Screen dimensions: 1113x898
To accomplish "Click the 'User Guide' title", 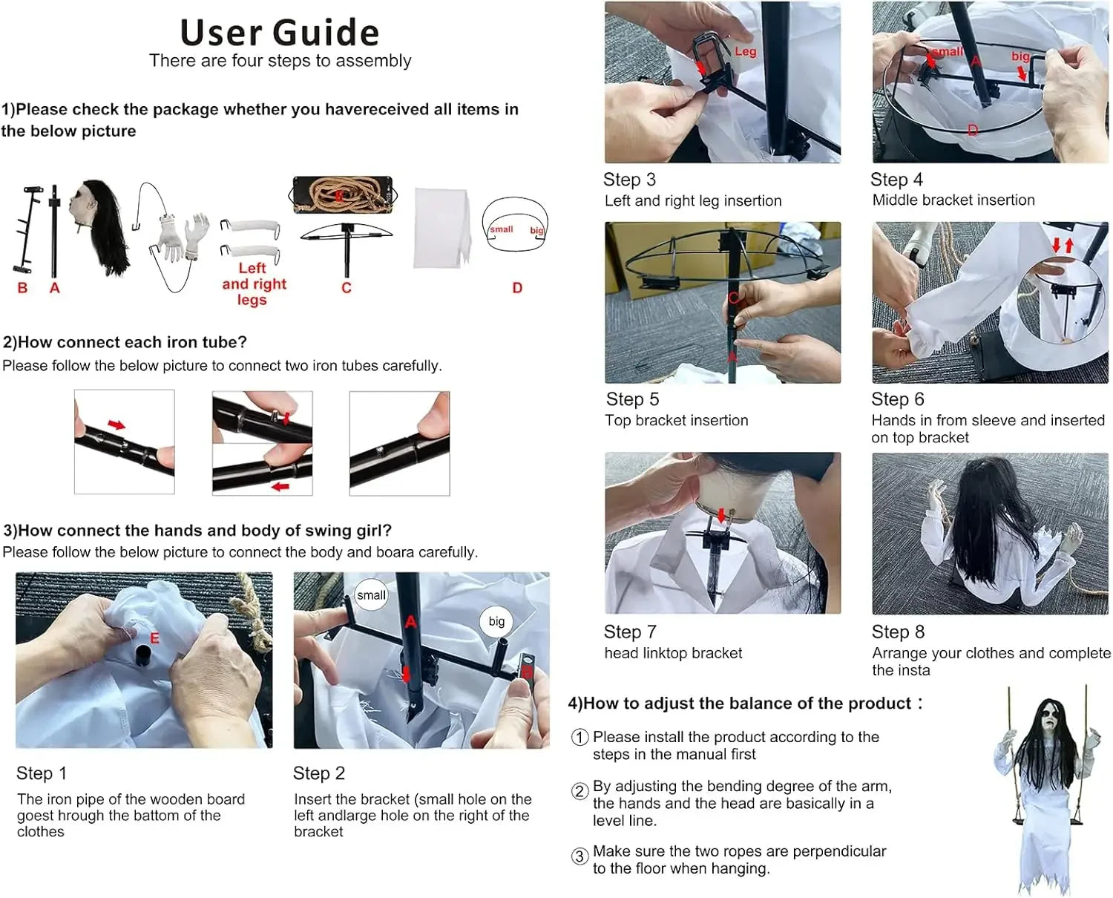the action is (x=280, y=32).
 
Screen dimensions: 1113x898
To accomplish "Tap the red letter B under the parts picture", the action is (x=22, y=288).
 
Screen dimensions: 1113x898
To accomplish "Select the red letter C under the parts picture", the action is (x=347, y=288).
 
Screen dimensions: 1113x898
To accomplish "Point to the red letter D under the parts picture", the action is (x=517, y=288).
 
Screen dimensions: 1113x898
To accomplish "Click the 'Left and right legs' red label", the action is (x=254, y=284).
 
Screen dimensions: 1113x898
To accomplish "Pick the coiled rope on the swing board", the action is (x=342, y=195).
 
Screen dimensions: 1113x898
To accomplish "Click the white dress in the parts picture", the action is (x=443, y=228).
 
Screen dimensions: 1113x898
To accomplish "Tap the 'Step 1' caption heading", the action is (x=42, y=773).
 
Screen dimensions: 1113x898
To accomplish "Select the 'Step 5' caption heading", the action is (x=632, y=399).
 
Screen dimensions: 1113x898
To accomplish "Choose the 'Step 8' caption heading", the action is (x=898, y=632).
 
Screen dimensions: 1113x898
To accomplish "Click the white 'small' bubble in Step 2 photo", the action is (x=371, y=595).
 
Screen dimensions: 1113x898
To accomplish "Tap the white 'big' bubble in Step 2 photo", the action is (x=496, y=621).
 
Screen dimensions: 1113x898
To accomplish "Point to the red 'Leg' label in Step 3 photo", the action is (x=745, y=51).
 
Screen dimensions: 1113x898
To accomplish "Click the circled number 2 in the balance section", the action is (x=580, y=791).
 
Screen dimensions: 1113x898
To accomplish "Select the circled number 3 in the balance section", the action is (x=580, y=856).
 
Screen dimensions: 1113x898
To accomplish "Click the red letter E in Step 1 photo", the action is (x=154, y=638).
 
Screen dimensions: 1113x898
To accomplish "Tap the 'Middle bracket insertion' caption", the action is (x=953, y=200).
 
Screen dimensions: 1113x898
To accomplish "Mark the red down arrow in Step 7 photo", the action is (x=721, y=515).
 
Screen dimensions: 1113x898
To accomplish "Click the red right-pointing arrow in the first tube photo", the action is (x=117, y=425).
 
